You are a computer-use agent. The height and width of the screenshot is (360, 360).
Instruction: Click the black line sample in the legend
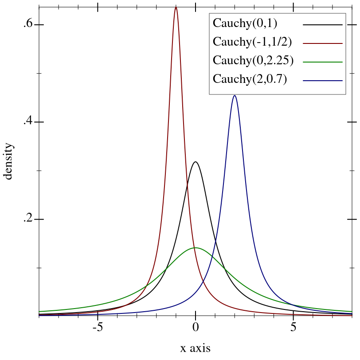323,25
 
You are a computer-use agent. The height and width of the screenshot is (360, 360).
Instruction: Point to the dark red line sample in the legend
323,43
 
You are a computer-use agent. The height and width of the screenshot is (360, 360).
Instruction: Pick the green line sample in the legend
323,62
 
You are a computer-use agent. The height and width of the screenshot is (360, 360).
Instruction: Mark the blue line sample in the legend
323,81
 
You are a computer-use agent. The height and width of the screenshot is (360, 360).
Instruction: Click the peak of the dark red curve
176,7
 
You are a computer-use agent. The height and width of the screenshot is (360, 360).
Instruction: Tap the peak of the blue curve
235,96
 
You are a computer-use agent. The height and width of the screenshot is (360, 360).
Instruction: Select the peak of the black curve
196,162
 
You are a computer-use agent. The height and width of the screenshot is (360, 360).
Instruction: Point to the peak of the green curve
196,247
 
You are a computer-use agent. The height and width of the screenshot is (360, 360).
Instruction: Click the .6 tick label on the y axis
28,24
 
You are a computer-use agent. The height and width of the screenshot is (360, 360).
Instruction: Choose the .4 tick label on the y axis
28,122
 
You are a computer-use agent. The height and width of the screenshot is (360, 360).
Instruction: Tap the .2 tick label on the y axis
28,219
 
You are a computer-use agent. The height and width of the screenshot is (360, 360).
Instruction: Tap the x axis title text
195,348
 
